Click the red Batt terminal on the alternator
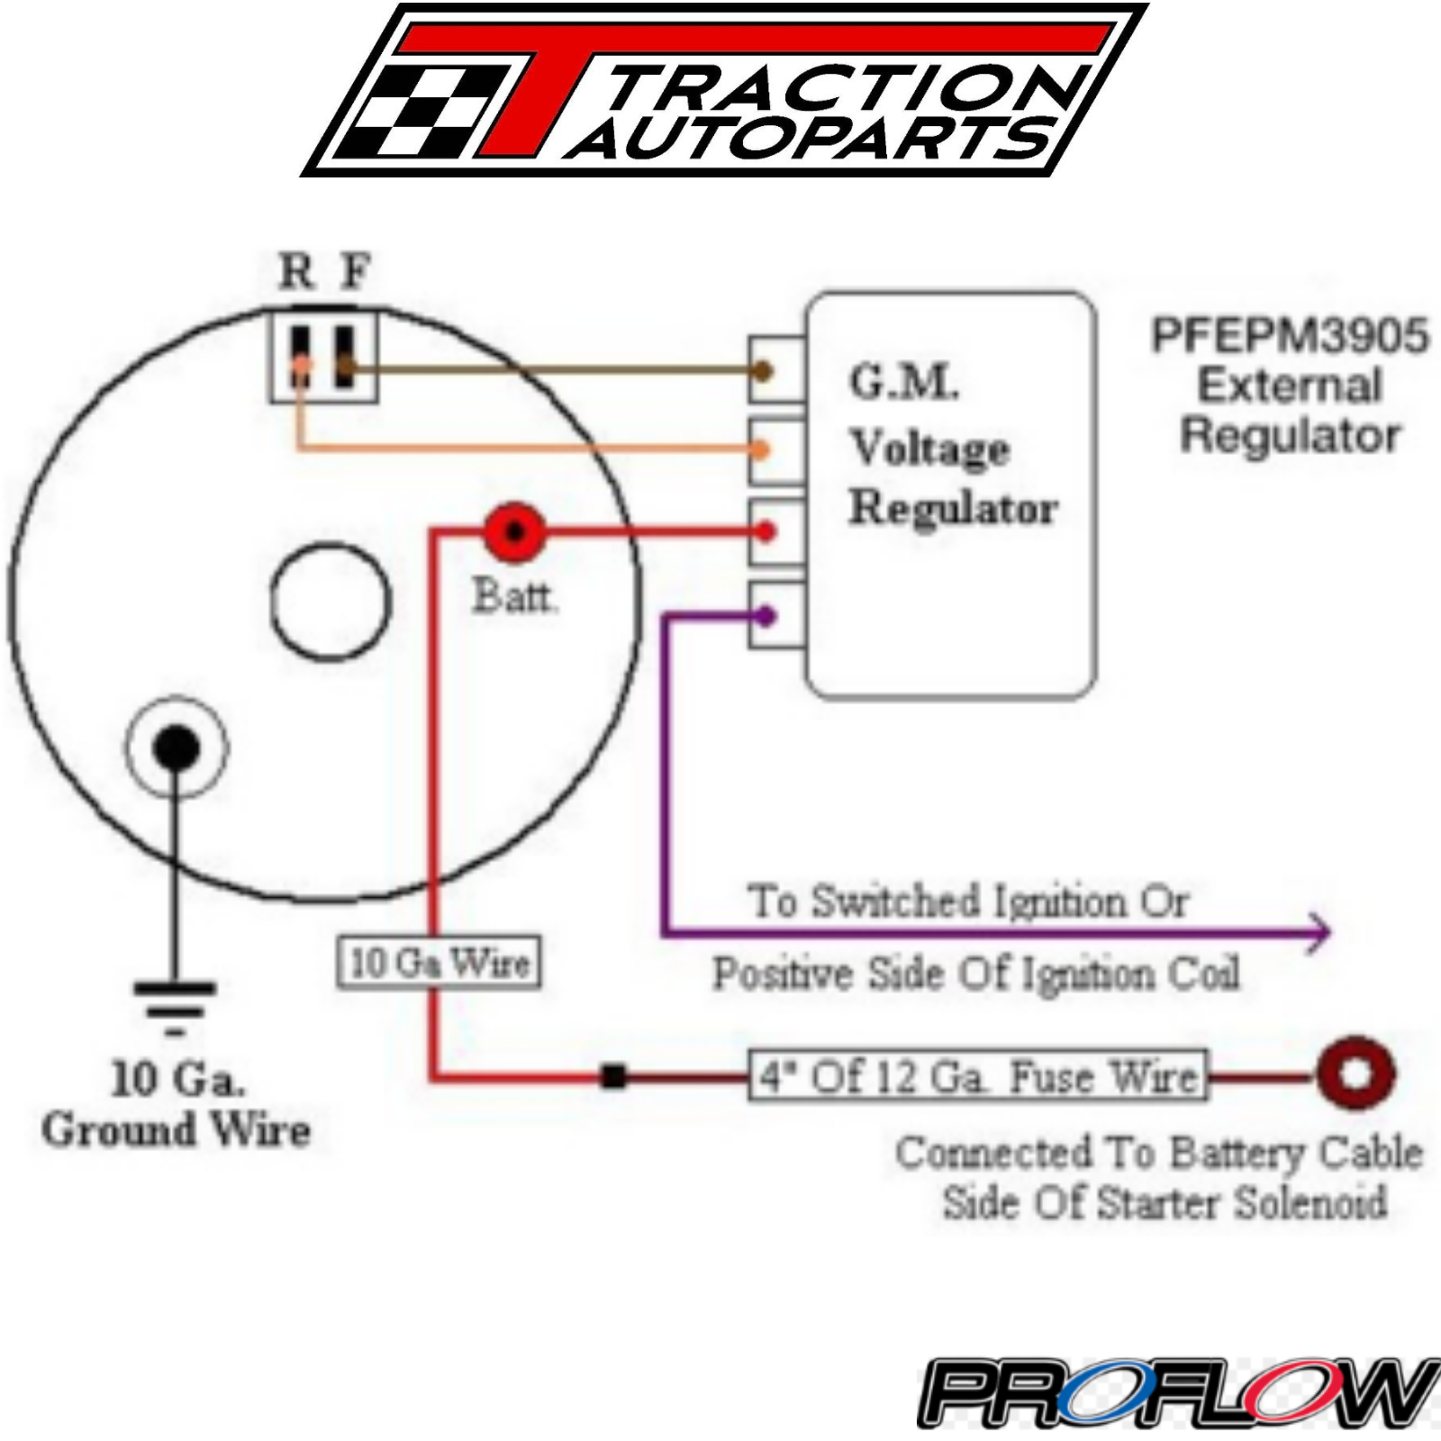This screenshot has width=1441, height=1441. pos(514,532)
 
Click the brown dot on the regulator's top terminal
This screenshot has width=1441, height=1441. pos(763,370)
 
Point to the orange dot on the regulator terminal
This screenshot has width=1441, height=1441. pos(762,449)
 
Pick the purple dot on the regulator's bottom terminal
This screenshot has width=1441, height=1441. pos(766,617)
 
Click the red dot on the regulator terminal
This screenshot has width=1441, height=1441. pos(766,532)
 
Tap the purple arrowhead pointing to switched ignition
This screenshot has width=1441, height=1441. pos(1320,932)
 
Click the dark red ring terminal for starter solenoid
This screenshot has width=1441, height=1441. pos(1355,1074)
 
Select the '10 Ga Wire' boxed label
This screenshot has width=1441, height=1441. pos(439,963)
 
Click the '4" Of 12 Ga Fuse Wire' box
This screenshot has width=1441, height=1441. pos(978,1076)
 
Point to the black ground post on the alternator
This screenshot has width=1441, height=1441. pos(177,748)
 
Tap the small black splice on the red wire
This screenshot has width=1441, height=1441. pos(613,1076)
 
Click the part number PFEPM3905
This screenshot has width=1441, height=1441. pos(1290,336)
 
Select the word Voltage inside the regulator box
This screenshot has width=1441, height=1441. pos(930,448)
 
